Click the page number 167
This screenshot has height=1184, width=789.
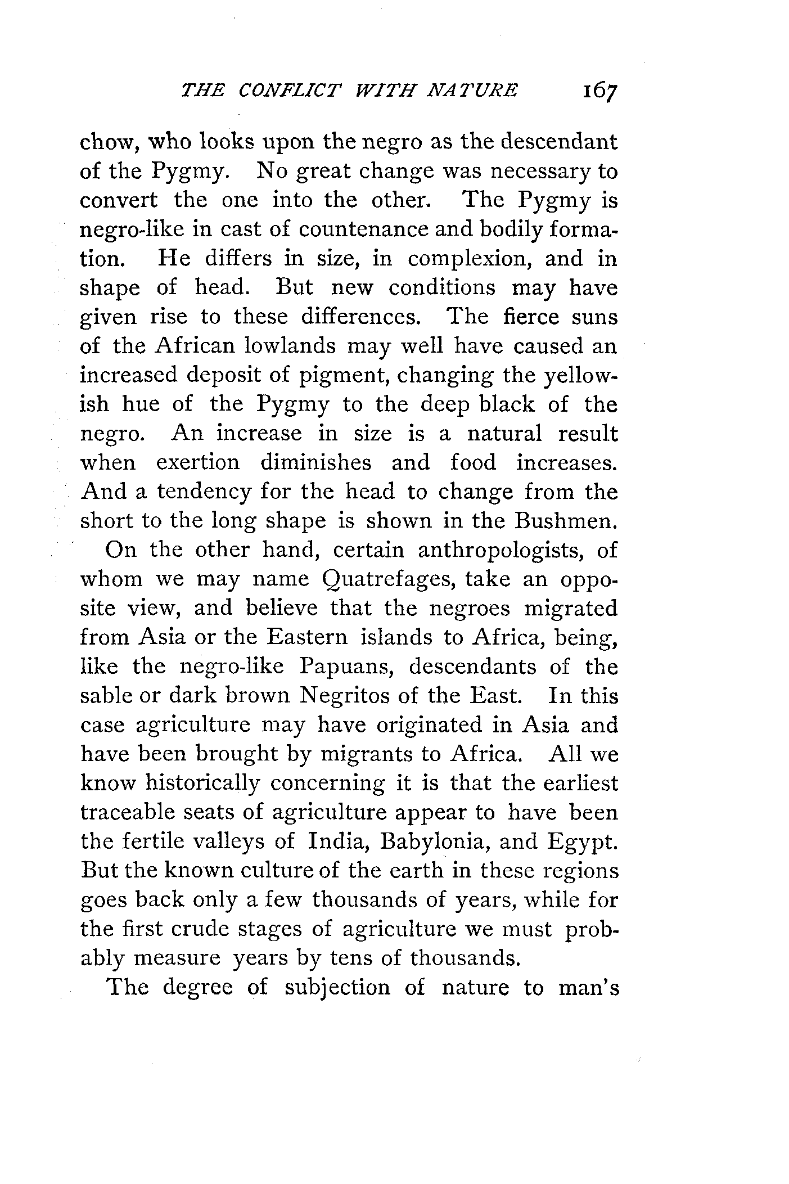coord(600,91)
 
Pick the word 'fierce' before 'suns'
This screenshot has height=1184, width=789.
coord(530,317)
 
